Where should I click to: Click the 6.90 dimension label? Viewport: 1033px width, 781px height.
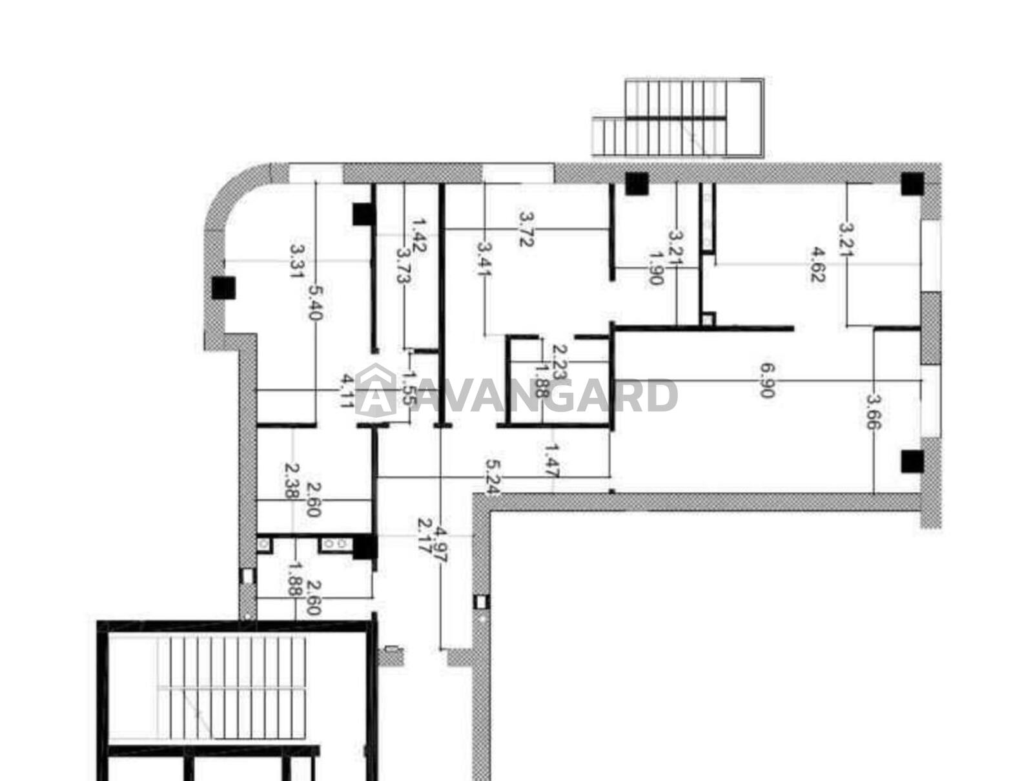point(766,380)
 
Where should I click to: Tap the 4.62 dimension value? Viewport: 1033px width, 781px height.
point(817,265)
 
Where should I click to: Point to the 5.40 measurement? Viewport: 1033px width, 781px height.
point(315,303)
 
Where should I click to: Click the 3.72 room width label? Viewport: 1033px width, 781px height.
point(526,229)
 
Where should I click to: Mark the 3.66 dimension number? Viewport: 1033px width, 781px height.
point(872,411)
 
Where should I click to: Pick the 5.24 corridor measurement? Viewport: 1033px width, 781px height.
point(492,477)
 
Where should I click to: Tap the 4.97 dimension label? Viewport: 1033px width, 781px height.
point(442,545)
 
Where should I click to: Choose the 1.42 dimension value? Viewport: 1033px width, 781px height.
point(419,235)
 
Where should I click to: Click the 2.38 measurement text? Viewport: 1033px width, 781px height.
point(292,481)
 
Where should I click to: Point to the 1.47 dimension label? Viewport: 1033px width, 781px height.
point(551,461)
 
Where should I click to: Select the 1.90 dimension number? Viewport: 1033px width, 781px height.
point(655,267)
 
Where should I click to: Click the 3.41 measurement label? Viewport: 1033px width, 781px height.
point(484,258)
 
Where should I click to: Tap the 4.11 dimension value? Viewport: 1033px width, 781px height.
point(347,391)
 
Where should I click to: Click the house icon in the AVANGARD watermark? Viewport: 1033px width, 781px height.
point(375,390)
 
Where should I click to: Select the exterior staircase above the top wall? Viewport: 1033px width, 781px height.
point(678,117)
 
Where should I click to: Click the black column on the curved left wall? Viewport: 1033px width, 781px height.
point(223,287)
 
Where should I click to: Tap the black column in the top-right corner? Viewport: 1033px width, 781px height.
point(912,183)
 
